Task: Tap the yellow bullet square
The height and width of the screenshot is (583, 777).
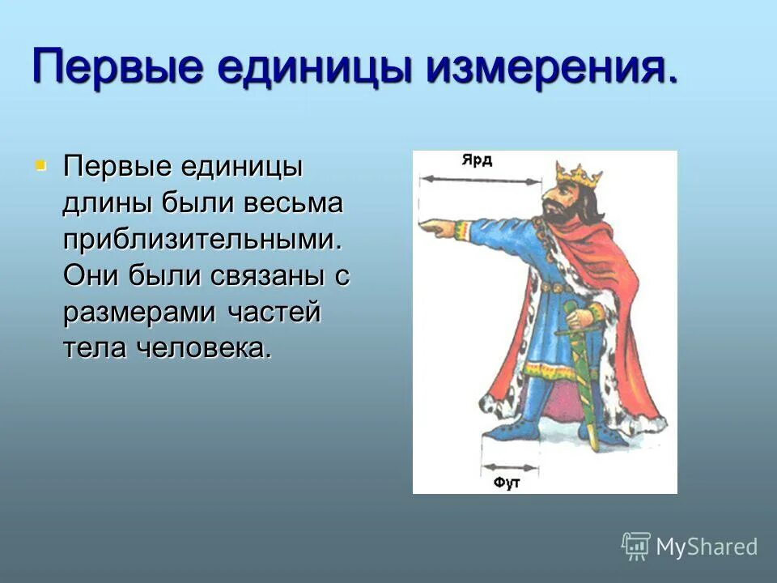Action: (x=40, y=167)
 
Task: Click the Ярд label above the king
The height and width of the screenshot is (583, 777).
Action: (x=477, y=160)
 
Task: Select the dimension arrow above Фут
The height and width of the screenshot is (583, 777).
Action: (x=509, y=467)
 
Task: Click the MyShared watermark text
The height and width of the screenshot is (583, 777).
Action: (x=706, y=547)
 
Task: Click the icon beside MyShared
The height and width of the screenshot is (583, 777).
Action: (x=636, y=546)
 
